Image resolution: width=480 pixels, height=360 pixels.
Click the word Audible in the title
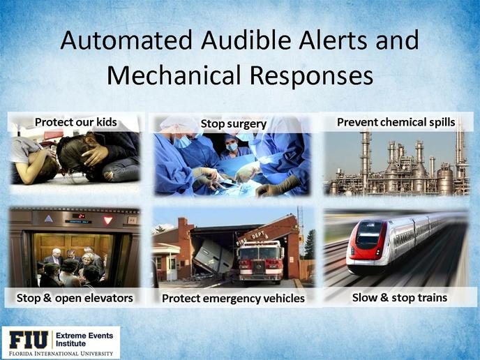coord(246,40)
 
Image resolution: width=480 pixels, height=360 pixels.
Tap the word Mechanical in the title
coord(174,75)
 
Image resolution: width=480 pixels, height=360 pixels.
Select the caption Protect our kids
coord(75,122)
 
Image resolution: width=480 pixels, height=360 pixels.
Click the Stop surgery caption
coord(234,124)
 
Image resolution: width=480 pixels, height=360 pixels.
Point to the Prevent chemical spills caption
coord(396,122)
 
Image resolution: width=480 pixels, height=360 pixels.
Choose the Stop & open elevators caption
coord(75,298)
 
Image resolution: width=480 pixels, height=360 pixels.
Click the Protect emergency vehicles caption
coord(233,298)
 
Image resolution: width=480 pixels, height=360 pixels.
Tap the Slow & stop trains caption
coord(400,297)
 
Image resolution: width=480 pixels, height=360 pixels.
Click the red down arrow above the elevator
coord(107,220)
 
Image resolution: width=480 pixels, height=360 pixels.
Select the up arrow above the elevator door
coord(49,218)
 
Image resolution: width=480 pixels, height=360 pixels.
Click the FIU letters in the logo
coord(29,340)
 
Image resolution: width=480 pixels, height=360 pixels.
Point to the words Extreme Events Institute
coord(84,340)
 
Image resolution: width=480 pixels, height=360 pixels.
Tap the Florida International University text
coord(61,354)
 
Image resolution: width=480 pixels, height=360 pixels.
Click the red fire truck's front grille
coord(259,267)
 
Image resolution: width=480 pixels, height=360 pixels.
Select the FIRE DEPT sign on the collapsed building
coord(250,239)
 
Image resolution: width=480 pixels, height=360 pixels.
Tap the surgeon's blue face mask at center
coord(232,147)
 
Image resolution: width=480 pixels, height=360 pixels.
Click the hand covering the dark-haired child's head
coord(95,155)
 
